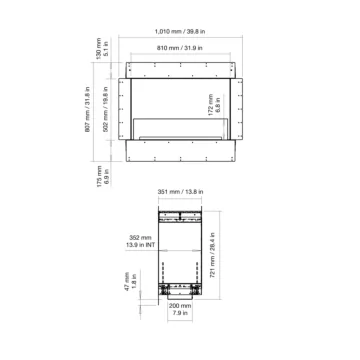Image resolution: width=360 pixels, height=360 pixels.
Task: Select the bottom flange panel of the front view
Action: click(x=180, y=151)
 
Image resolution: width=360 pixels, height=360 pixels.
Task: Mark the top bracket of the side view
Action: click(x=180, y=216)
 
